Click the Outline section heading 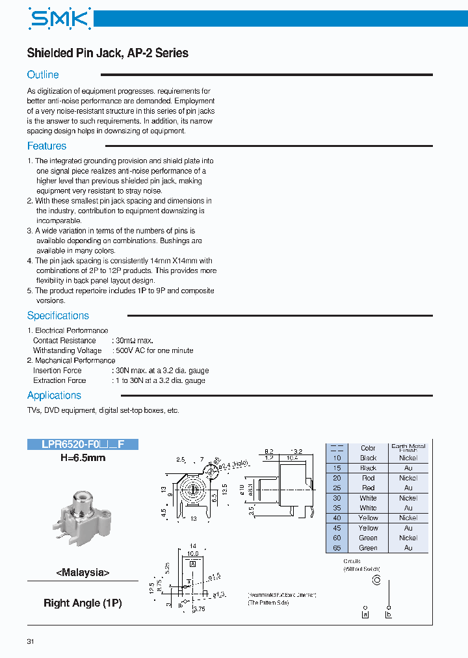[43, 75]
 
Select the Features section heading [47, 146]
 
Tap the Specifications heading [58, 316]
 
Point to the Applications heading [54, 395]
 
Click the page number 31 [31, 642]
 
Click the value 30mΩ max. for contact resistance [133, 340]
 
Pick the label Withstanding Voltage [68, 350]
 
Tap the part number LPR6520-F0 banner [83, 445]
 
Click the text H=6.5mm [83, 458]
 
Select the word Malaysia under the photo [83, 573]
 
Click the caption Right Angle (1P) [83, 603]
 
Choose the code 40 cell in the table [337, 518]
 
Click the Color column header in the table [368, 448]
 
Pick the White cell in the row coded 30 [368, 498]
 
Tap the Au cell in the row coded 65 [408, 548]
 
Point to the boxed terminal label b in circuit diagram [389, 614]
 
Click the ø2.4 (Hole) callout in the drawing [233, 463]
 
